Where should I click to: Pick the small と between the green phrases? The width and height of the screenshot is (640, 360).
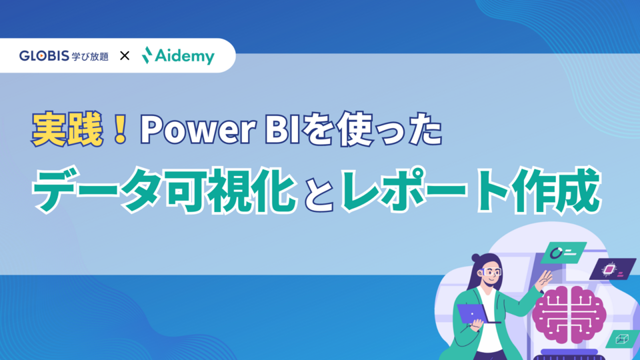[318, 194]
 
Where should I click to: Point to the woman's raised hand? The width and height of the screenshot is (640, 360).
[546, 278]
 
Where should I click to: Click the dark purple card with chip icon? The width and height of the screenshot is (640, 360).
[612, 269]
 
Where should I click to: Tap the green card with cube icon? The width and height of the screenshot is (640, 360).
[623, 339]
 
